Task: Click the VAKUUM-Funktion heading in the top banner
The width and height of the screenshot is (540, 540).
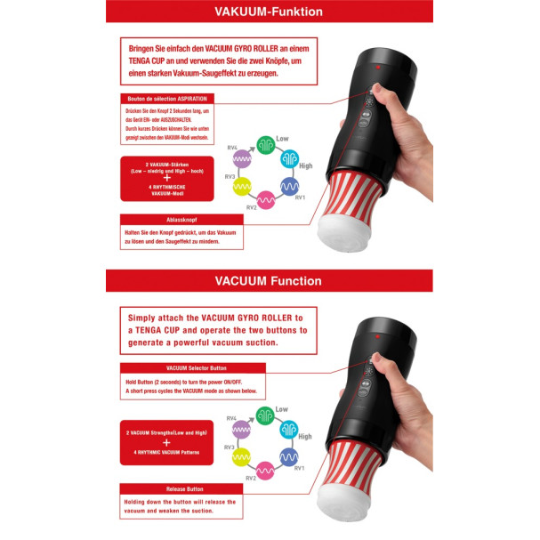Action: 269,12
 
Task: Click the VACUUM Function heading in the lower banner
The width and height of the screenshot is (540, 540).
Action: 269,281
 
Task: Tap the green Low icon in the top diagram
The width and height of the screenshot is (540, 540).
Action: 264,144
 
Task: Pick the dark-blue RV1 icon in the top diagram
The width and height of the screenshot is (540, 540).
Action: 289,187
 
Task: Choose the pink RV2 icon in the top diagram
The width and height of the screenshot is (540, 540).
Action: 264,200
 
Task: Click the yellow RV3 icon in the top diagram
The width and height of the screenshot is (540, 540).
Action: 240,186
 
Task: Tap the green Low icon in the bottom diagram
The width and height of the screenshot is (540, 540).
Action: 264,415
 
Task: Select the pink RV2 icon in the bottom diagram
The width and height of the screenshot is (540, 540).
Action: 264,471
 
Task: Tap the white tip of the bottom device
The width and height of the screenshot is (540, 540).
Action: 355,507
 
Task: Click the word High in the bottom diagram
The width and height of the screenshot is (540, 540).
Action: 305,436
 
